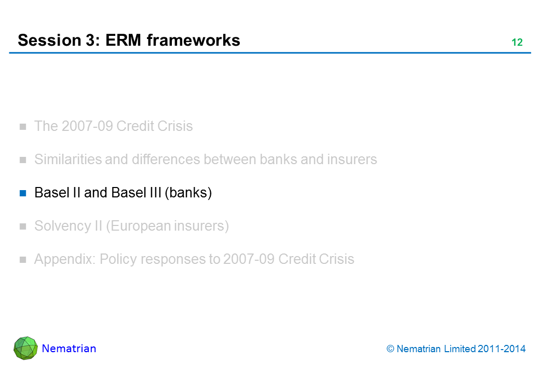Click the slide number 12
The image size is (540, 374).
[517, 43]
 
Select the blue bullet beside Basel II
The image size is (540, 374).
[23, 193]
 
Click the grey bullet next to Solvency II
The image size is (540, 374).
[23, 226]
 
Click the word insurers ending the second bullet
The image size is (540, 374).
[352, 159]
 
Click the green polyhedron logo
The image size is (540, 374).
[25, 348]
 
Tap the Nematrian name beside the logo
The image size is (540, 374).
[69, 349]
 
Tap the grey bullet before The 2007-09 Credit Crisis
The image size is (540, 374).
[23, 127]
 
